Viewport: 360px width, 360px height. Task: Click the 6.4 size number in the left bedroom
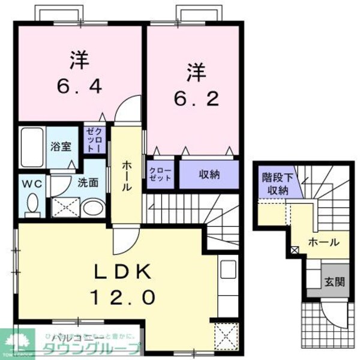79,85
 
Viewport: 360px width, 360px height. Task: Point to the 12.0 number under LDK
125,296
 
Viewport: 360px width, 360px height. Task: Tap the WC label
32,184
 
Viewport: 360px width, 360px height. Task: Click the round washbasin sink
92,208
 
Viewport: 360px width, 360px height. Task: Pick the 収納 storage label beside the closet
209,175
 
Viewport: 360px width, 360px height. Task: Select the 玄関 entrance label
335,280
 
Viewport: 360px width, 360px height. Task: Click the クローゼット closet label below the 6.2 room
160,174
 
